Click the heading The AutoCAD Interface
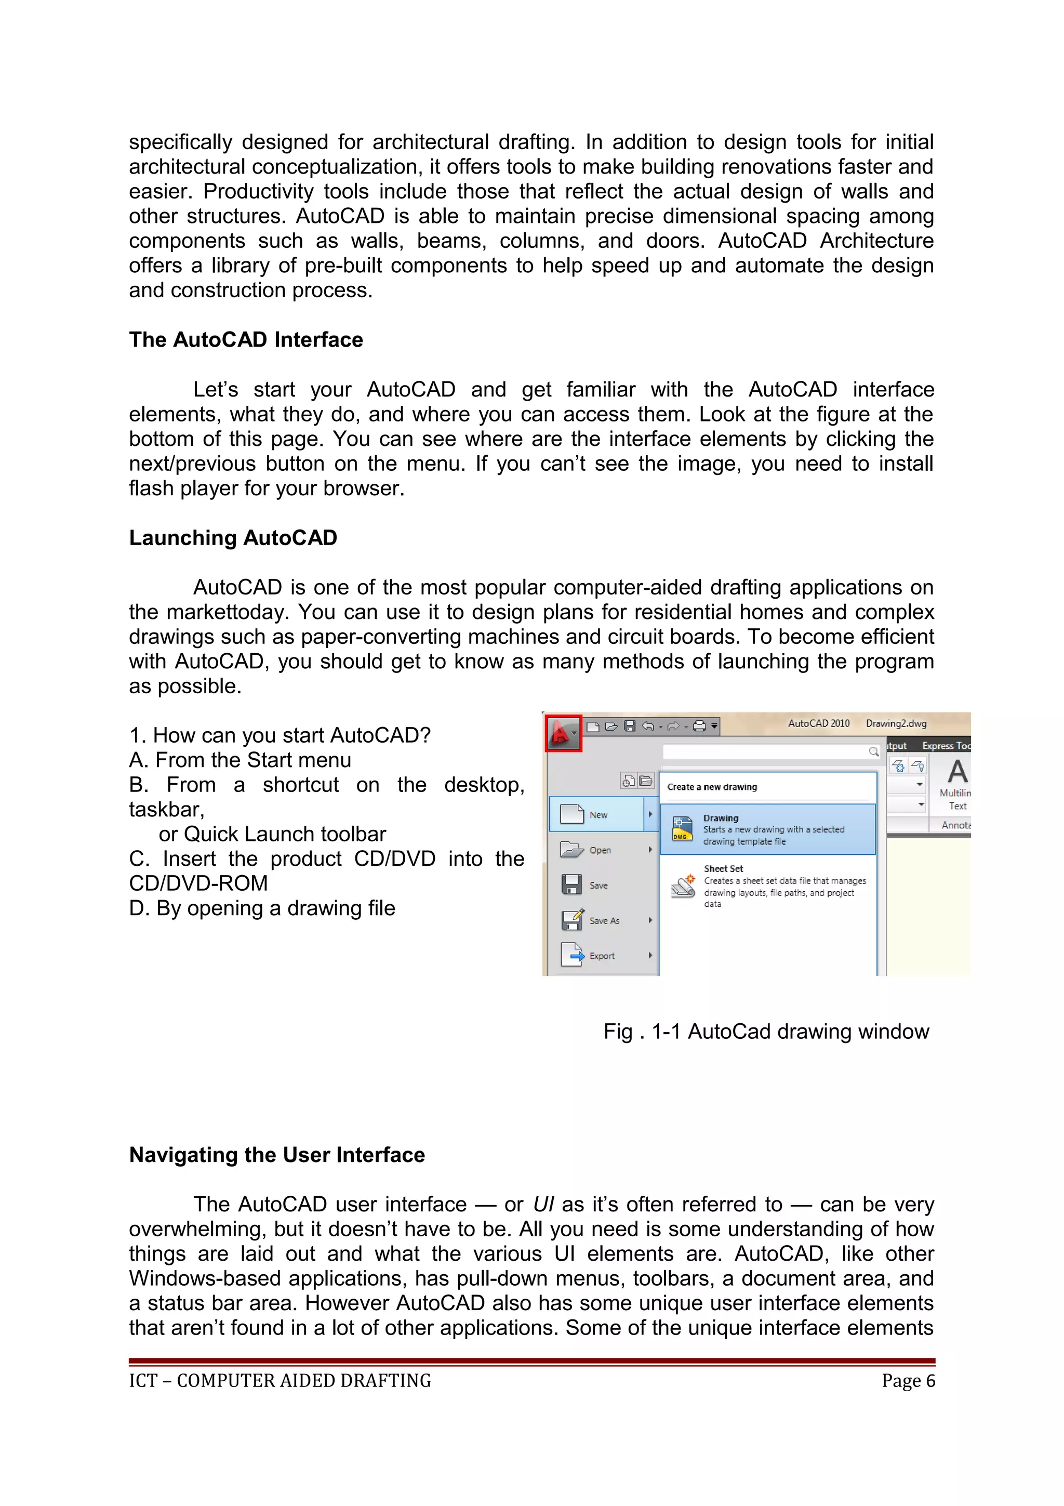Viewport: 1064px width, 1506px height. coord(246,340)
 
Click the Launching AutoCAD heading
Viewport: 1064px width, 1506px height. coord(233,538)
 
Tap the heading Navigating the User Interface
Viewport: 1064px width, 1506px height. coord(277,1154)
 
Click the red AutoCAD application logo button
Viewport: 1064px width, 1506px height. coord(563,733)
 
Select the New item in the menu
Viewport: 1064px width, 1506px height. coord(597,815)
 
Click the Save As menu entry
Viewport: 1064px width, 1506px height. coord(603,921)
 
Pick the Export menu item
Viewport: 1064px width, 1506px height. coord(601,956)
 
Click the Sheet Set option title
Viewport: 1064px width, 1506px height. coord(723,868)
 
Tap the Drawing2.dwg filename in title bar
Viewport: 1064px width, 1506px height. coord(896,723)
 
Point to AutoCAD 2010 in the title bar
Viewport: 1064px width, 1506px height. coord(818,723)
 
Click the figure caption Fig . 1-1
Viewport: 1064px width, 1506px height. coord(766,1032)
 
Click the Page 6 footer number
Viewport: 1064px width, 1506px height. coord(908,1381)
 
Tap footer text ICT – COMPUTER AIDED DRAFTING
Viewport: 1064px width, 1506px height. coord(280,1381)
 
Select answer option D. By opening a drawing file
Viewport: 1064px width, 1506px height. coord(262,908)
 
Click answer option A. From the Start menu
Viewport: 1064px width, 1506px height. coord(240,760)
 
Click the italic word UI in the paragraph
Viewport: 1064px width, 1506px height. coord(543,1204)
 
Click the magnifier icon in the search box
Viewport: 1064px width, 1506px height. coord(873,751)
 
